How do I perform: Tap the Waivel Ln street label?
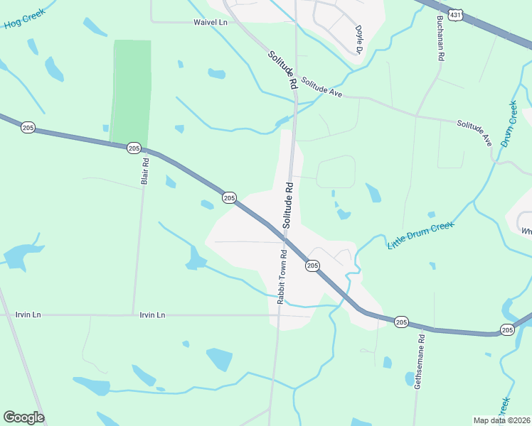point(210,22)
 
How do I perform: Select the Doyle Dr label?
point(359,40)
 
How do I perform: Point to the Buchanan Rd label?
point(441,39)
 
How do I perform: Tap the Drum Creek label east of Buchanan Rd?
point(509,124)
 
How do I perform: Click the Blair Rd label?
point(145,170)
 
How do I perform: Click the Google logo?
point(23,417)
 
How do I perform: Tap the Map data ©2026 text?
point(501,420)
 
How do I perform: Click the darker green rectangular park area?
point(130,92)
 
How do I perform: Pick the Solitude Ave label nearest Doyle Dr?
point(321,87)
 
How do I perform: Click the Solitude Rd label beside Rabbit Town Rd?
point(288,204)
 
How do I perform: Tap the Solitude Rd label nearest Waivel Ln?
point(282,70)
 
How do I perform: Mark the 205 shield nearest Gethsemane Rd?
point(401,322)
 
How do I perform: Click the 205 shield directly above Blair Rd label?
point(134,148)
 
